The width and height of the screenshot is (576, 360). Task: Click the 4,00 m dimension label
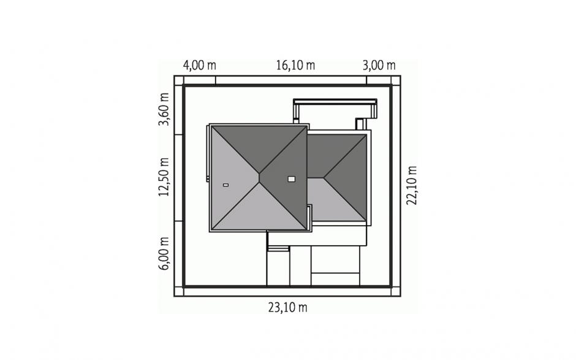[200, 66]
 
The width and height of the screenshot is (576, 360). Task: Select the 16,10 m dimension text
[295, 66]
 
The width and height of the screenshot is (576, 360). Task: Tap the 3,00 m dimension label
[379, 66]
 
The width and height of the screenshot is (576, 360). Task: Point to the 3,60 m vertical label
[164, 109]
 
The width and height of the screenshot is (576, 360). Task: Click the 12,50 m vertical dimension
[164, 177]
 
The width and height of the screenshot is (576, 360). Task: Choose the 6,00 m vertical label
[164, 253]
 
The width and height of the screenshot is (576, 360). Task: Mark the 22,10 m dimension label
[411, 185]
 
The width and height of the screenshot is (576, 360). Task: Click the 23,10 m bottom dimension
[287, 307]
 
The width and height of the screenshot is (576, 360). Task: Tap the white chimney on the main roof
[291, 178]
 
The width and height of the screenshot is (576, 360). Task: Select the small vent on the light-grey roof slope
[225, 185]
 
